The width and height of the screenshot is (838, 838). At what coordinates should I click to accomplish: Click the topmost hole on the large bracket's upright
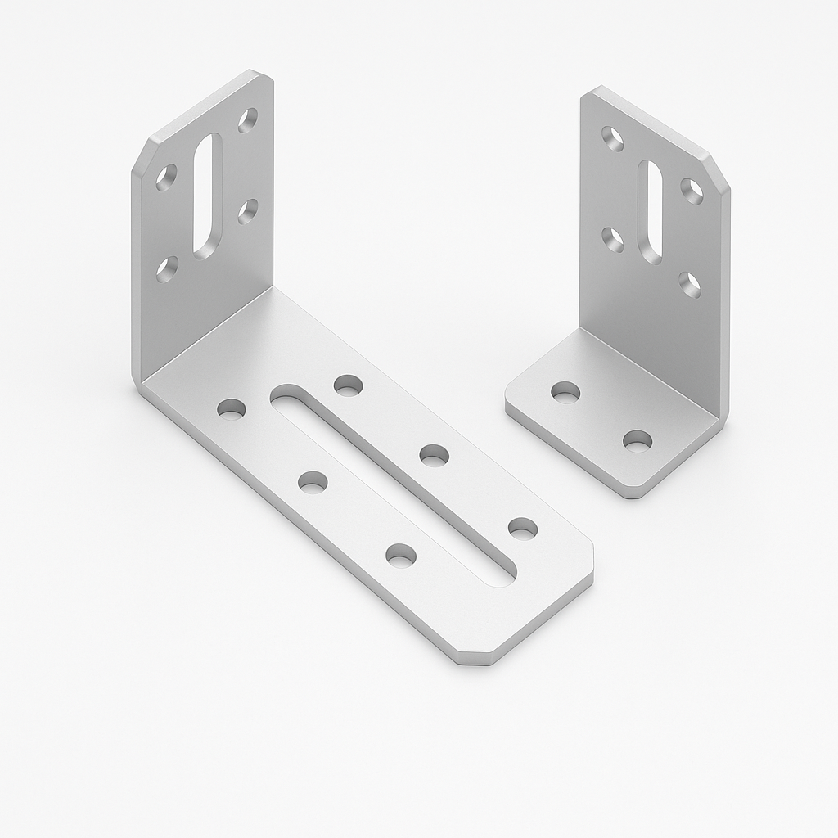[247, 120]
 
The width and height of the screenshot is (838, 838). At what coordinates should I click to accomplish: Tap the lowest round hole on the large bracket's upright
[167, 268]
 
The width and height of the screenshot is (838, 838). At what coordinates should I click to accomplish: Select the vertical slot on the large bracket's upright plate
[207, 193]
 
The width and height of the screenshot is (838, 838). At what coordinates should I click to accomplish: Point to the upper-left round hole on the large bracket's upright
[166, 178]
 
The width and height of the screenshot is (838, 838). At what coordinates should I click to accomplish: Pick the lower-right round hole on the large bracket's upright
[247, 211]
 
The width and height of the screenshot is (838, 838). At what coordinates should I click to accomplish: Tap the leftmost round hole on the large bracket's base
[232, 408]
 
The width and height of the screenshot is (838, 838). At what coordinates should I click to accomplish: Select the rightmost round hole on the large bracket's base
[522, 528]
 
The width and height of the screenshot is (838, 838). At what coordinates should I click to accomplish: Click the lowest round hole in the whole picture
[400, 556]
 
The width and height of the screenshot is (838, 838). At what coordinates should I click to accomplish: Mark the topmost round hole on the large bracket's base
[348, 385]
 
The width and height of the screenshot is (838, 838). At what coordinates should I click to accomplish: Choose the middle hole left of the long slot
[312, 482]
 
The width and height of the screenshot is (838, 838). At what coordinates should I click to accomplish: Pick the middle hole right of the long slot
[434, 455]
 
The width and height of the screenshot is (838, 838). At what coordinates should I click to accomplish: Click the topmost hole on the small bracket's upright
[612, 138]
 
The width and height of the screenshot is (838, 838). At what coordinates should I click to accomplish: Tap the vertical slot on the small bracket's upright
[651, 212]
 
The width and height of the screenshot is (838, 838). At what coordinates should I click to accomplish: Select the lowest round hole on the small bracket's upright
[689, 284]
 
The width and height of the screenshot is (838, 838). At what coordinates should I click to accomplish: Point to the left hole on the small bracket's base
[565, 392]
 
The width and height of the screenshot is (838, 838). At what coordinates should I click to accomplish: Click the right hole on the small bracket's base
[637, 441]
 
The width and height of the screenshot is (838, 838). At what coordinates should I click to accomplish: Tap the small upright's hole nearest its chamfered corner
[692, 191]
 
